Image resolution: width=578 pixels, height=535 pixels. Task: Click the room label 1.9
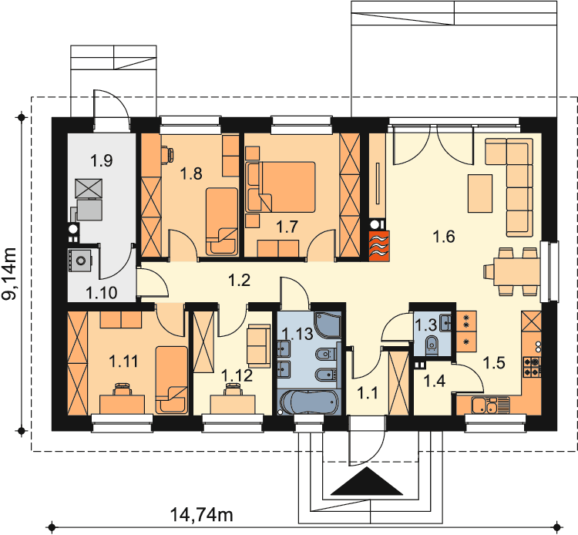pyautogui.click(x=102, y=161)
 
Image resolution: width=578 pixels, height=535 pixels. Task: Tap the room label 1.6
pyautogui.click(x=444, y=237)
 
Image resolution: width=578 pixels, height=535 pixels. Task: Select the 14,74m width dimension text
pyautogui.click(x=202, y=514)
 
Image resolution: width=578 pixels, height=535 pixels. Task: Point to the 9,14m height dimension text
pyautogui.click(x=9, y=273)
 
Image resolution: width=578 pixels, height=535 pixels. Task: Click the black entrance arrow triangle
pyautogui.click(x=367, y=481)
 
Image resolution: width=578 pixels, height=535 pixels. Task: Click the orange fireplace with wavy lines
pyautogui.click(x=379, y=246)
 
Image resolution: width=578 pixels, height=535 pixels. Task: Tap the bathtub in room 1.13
pyautogui.click(x=308, y=402)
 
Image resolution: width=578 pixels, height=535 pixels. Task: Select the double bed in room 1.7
pyautogui.click(x=281, y=187)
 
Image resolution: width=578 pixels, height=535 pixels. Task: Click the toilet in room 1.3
pyautogui.click(x=432, y=345)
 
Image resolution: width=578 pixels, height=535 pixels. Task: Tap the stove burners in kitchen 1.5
pyautogui.click(x=532, y=367)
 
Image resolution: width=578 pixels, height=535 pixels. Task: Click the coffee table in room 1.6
pyautogui.click(x=480, y=193)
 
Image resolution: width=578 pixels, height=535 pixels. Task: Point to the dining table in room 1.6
pyautogui.click(x=516, y=271)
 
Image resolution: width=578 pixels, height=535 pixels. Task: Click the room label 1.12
pyautogui.click(x=237, y=375)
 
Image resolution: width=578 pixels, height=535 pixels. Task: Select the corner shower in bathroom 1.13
pyautogui.click(x=328, y=325)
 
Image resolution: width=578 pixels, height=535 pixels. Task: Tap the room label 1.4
pyautogui.click(x=435, y=381)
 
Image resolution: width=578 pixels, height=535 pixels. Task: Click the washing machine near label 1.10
pyautogui.click(x=79, y=261)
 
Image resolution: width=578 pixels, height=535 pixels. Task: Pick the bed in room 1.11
pyautogui.click(x=171, y=380)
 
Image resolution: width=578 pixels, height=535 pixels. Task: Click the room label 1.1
pyautogui.click(x=368, y=393)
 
